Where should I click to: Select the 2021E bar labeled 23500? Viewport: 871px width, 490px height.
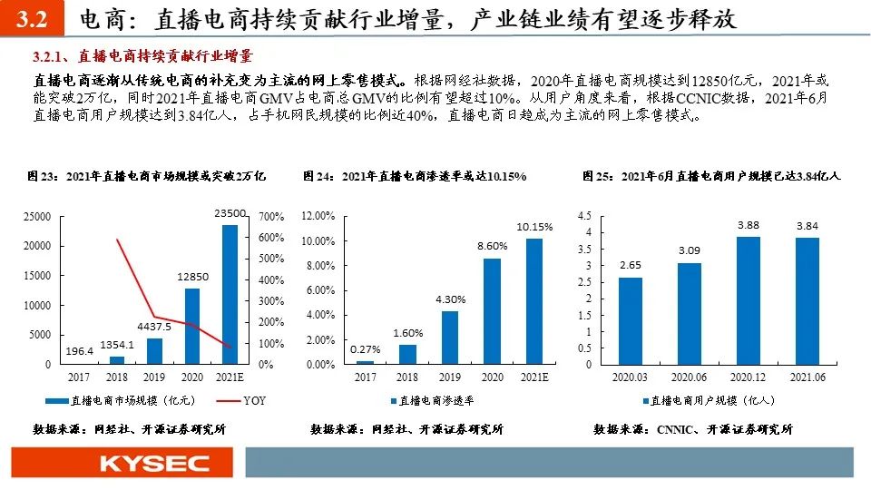tap(230, 294)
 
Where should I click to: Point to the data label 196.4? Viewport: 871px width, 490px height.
tap(81, 351)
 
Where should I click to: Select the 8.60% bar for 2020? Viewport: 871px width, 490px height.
tap(491, 311)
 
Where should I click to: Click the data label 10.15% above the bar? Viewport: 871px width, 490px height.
tap(534, 226)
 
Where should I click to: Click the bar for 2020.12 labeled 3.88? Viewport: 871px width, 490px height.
tap(748, 300)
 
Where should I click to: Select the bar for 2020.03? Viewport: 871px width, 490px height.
tap(631, 320)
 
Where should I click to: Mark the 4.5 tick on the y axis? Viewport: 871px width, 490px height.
tap(584, 216)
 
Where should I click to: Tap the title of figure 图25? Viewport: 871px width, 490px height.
tap(711, 176)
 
